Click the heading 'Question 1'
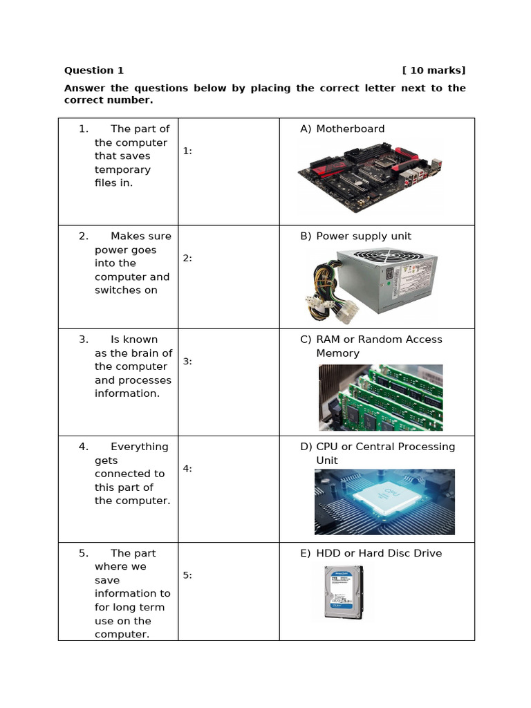[94, 71]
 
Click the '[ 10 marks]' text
[434, 71]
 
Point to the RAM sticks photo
[380, 398]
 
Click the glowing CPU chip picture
[384, 502]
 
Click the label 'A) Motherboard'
[342, 129]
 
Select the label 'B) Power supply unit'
[355, 236]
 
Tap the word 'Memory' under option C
[337, 353]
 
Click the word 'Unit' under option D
[327, 460]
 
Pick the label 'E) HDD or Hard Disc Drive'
[371, 553]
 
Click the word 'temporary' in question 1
[122, 170]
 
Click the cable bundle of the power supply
[325, 290]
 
